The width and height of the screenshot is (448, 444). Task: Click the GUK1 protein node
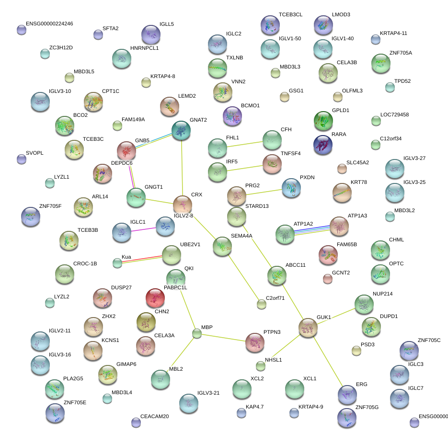click(x=308, y=328)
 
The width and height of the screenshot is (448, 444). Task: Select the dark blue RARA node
click(x=323, y=145)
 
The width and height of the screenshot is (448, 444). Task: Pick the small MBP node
click(x=196, y=333)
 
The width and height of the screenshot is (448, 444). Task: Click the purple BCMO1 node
click(x=232, y=116)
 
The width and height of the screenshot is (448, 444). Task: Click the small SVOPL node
click(x=21, y=159)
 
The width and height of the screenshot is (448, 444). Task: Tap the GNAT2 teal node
click(x=181, y=130)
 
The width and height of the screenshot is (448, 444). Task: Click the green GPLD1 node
click(x=323, y=121)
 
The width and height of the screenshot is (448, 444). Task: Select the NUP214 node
click(x=363, y=304)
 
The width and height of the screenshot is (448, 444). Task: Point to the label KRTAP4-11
click(x=393, y=34)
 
